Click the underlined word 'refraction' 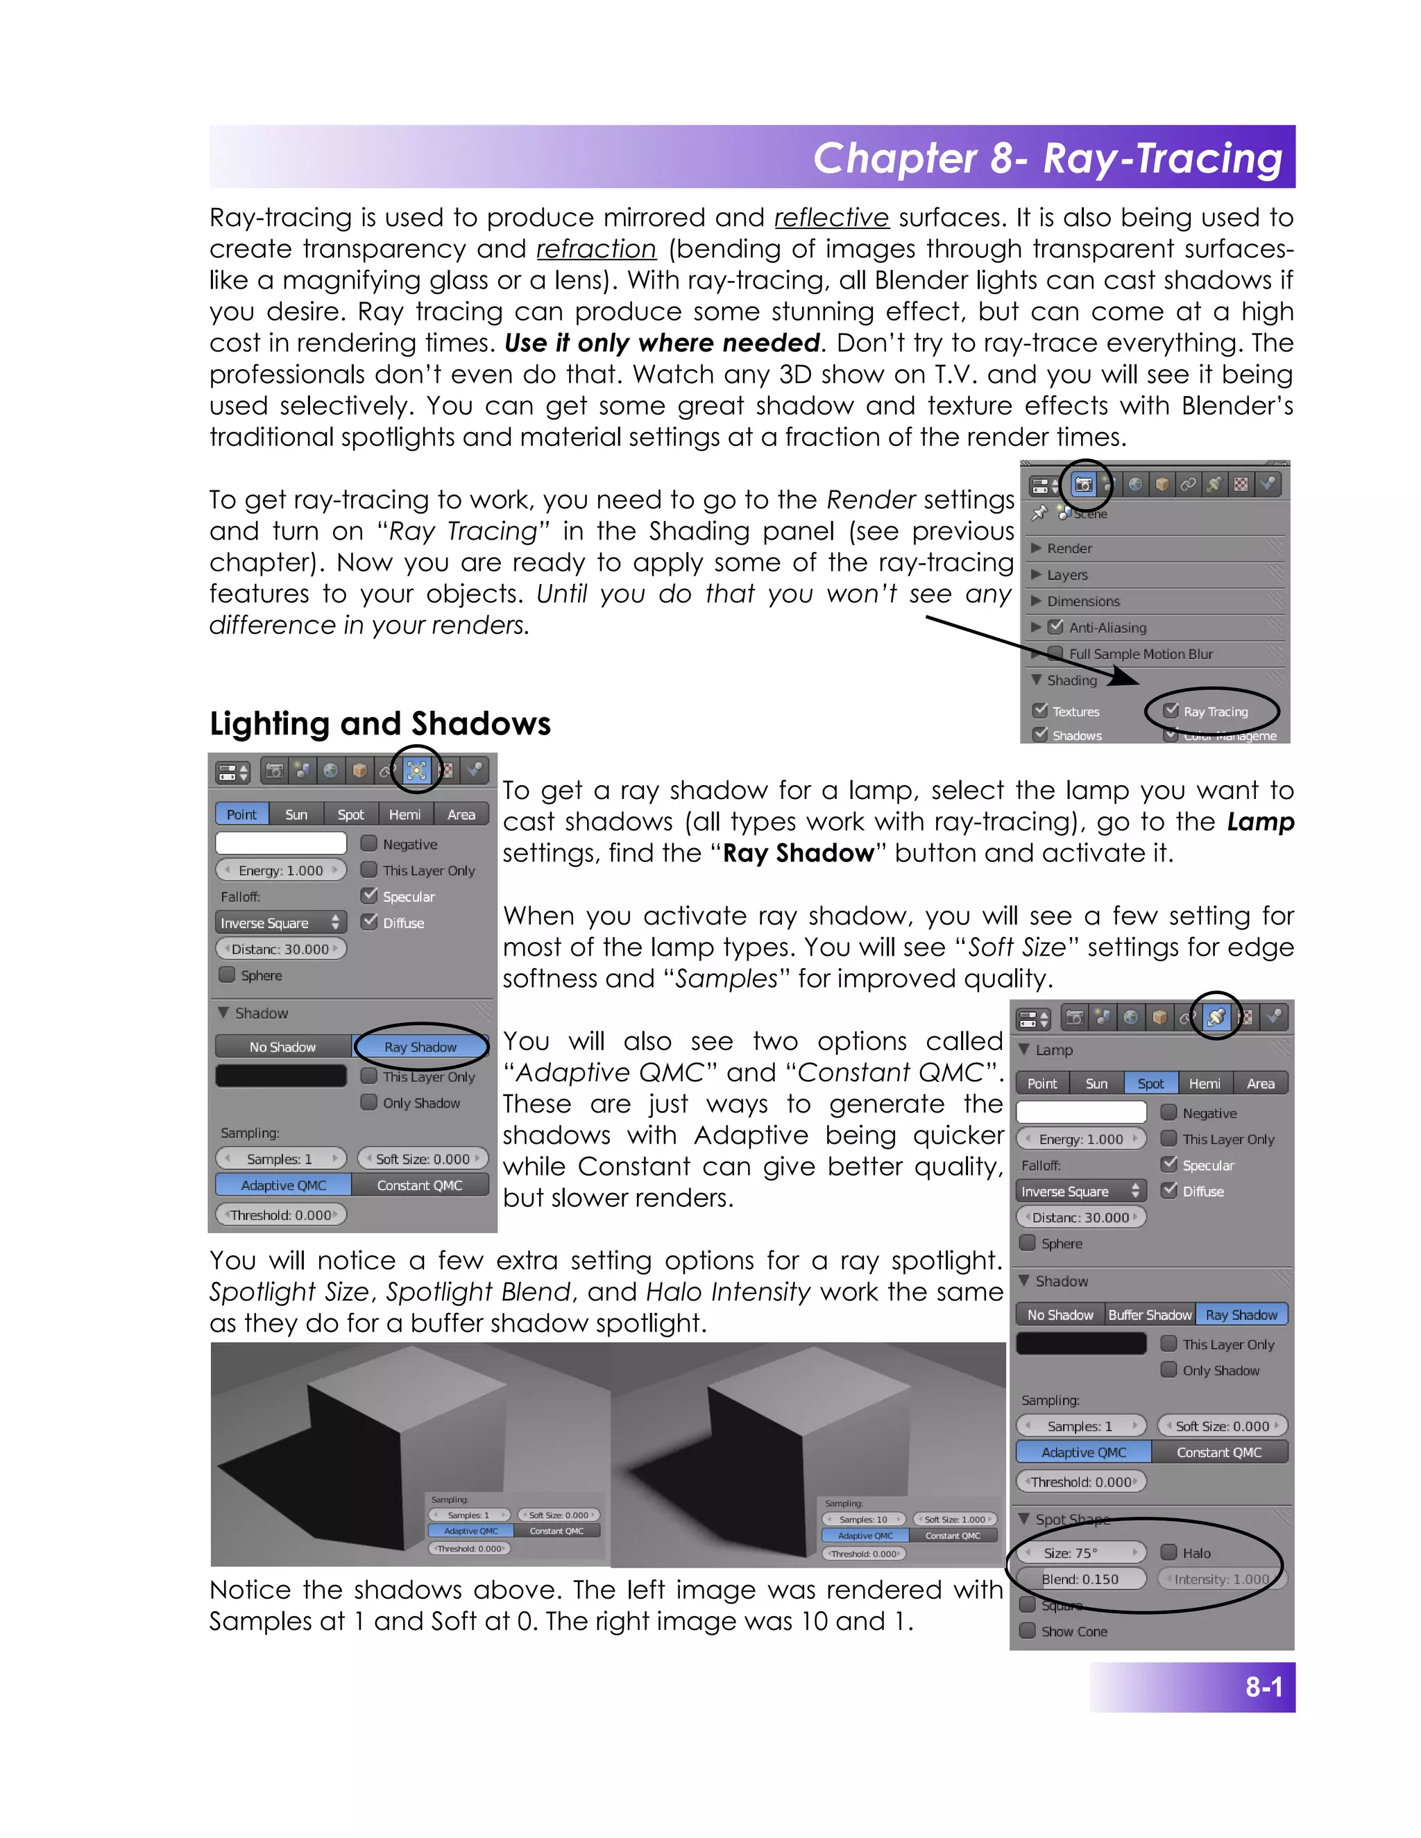pos(596,249)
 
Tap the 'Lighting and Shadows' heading pos(380,723)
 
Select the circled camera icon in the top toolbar pos(1083,485)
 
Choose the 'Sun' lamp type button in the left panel pos(296,815)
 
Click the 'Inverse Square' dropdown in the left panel pos(280,923)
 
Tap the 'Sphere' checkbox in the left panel pos(226,975)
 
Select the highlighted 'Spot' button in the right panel pos(1150,1084)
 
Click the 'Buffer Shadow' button pos(1149,1314)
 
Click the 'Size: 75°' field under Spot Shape pos(1081,1553)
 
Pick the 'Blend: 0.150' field pos(1081,1579)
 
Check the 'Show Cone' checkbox pos(1027,1631)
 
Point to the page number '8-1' pos(1263,1687)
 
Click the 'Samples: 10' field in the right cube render pos(864,1520)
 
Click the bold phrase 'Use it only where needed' pos(662,343)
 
